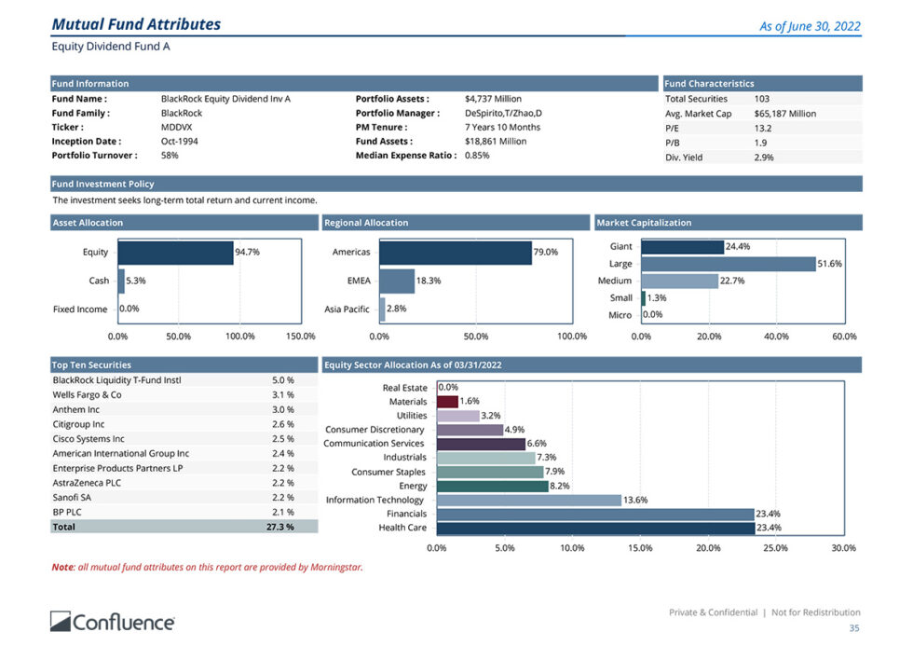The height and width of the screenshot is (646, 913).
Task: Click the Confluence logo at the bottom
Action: pyautogui.click(x=112, y=621)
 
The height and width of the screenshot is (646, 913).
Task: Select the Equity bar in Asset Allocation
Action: pyautogui.click(x=175, y=253)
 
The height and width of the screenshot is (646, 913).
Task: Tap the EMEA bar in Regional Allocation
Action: pyautogui.click(x=397, y=281)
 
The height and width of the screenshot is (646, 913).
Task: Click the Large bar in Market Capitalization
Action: pyautogui.click(x=728, y=264)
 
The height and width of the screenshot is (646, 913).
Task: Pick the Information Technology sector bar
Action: pyautogui.click(x=528, y=500)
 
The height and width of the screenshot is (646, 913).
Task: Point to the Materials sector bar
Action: pyautogui.click(x=447, y=402)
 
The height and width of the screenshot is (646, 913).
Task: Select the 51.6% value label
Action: pyautogui.click(x=829, y=264)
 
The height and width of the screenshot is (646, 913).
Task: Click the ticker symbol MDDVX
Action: pyautogui.click(x=176, y=127)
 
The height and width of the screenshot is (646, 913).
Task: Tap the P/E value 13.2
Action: pyautogui.click(x=762, y=128)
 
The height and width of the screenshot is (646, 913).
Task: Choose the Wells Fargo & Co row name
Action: pyautogui.click(x=87, y=395)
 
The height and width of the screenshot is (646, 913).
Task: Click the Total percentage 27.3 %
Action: pyautogui.click(x=279, y=527)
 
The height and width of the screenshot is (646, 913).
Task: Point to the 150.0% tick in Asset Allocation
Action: pyautogui.click(x=300, y=336)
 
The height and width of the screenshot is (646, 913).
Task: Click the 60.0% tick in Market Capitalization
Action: pyautogui.click(x=843, y=336)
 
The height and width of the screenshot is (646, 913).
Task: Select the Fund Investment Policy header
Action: pyautogui.click(x=103, y=185)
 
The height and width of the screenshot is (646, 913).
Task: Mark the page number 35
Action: pyautogui.click(x=854, y=628)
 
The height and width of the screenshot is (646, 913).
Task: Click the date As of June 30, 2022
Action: pyautogui.click(x=810, y=26)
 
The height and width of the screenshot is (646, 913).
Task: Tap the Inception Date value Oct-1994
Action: pyautogui.click(x=179, y=142)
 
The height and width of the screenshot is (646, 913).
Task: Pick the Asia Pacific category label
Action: pyautogui.click(x=347, y=309)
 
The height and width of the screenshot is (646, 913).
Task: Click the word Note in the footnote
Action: pyautogui.click(x=61, y=567)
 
